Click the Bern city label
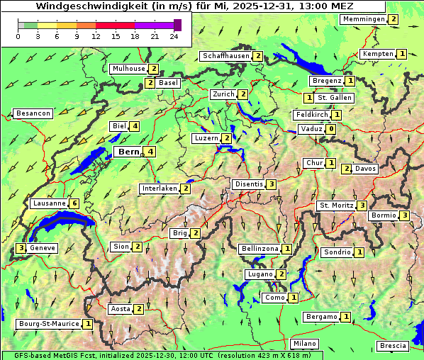coord(128,152)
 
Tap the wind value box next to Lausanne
coord(74,203)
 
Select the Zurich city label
coord(223,94)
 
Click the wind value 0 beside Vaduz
coord(331,129)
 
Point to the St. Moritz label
coord(335,206)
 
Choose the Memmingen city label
coord(363,19)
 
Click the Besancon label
coord(33,113)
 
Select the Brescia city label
coord(393,346)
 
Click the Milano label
coord(305,344)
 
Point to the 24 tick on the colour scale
coord(174,36)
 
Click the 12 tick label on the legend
coord(96,36)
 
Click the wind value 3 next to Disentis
coord(272,184)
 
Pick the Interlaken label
coord(159,189)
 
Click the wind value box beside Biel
coord(135,126)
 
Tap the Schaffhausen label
coord(225,56)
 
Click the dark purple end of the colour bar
coord(177,25)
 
